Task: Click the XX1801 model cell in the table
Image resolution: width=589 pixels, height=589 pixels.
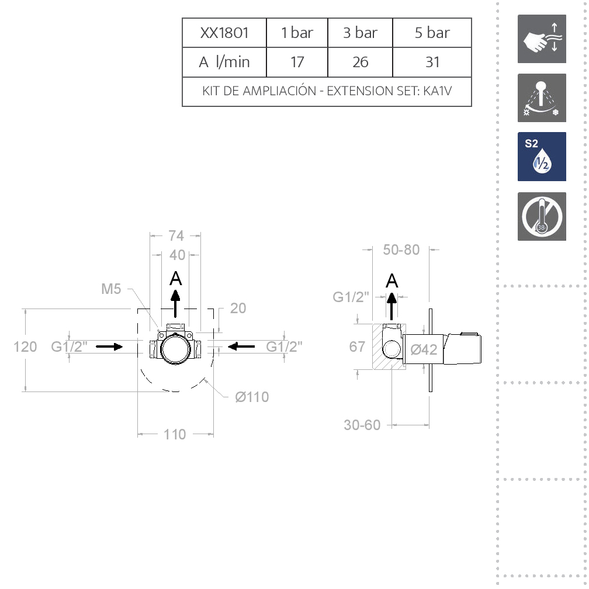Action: click(x=224, y=33)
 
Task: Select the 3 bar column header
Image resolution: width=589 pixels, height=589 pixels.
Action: click(x=360, y=33)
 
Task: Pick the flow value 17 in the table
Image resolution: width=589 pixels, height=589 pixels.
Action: click(x=297, y=62)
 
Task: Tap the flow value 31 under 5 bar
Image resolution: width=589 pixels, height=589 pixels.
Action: click(x=432, y=62)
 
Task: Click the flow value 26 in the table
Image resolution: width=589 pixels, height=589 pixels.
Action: click(x=360, y=62)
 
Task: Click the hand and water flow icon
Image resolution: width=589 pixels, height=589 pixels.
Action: click(x=542, y=39)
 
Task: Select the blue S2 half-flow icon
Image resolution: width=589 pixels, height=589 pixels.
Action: click(x=542, y=157)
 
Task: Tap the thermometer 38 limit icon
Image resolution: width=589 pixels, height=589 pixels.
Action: click(x=542, y=216)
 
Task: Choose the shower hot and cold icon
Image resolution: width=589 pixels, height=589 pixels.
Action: click(x=542, y=98)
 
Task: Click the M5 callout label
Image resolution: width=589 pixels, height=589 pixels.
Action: click(x=111, y=289)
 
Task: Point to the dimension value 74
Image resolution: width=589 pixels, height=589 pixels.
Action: click(x=176, y=235)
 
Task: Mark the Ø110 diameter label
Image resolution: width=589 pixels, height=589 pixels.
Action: click(x=252, y=397)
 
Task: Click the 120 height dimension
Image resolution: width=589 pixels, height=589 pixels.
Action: click(x=25, y=347)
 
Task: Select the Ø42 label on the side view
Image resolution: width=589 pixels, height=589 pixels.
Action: click(x=424, y=350)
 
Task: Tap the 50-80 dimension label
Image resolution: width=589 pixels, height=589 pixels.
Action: click(x=401, y=250)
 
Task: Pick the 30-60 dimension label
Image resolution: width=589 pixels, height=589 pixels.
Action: click(x=362, y=425)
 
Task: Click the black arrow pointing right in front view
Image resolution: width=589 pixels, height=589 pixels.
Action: click(x=109, y=347)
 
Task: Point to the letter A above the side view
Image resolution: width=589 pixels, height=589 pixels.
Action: click(x=392, y=281)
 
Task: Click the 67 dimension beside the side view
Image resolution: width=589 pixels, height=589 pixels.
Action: click(x=357, y=347)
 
